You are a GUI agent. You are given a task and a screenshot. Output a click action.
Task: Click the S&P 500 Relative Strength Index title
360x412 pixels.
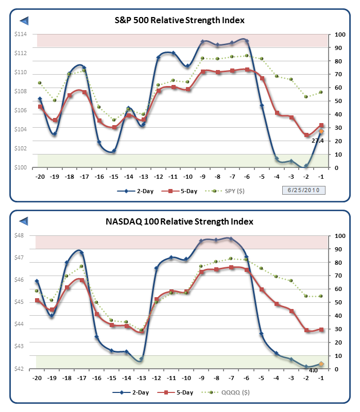click(179, 20)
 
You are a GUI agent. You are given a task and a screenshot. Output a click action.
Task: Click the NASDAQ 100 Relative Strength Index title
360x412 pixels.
click(180, 222)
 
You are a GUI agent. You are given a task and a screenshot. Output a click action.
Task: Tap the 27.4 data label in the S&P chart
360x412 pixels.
click(318, 140)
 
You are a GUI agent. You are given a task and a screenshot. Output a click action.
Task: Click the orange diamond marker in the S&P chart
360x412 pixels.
click(321, 132)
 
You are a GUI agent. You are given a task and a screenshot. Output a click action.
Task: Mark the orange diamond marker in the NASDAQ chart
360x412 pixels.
click(321, 364)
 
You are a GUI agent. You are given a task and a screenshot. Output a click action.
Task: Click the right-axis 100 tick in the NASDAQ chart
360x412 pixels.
click(339, 236)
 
